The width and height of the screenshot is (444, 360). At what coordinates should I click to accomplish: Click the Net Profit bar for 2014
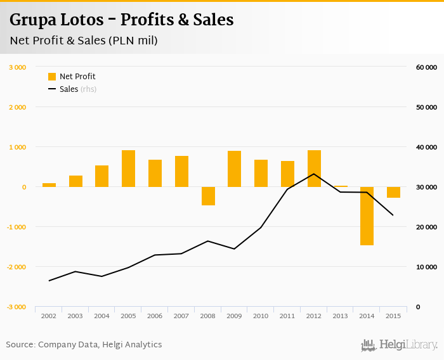367,216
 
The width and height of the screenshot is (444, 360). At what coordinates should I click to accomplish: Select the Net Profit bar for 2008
208,196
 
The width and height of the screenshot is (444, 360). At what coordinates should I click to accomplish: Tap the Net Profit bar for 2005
129,169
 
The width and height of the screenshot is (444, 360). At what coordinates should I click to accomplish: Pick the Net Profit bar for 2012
314,169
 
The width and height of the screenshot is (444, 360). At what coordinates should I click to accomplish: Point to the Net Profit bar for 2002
49,185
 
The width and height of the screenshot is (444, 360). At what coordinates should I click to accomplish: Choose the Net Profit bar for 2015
393,192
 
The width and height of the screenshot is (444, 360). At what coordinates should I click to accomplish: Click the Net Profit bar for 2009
235,169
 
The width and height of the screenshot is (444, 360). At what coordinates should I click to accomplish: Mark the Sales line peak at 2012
314,174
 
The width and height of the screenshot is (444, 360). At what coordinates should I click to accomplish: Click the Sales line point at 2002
49,281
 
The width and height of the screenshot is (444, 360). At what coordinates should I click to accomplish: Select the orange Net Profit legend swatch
52,77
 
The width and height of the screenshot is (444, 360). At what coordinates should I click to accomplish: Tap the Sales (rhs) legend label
77,89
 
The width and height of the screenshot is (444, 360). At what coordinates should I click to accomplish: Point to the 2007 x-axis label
181,316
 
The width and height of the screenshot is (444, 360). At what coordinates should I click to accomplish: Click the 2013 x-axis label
340,316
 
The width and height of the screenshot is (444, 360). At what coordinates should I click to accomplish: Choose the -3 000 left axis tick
16,307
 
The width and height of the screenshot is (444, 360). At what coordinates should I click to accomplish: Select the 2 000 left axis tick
16,107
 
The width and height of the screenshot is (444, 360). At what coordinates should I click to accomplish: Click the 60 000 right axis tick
426,67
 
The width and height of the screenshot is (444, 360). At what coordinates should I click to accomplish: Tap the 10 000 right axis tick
426,267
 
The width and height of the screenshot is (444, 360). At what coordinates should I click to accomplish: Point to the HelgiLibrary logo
400,345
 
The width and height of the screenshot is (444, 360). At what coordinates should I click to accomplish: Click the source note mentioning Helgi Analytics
84,345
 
